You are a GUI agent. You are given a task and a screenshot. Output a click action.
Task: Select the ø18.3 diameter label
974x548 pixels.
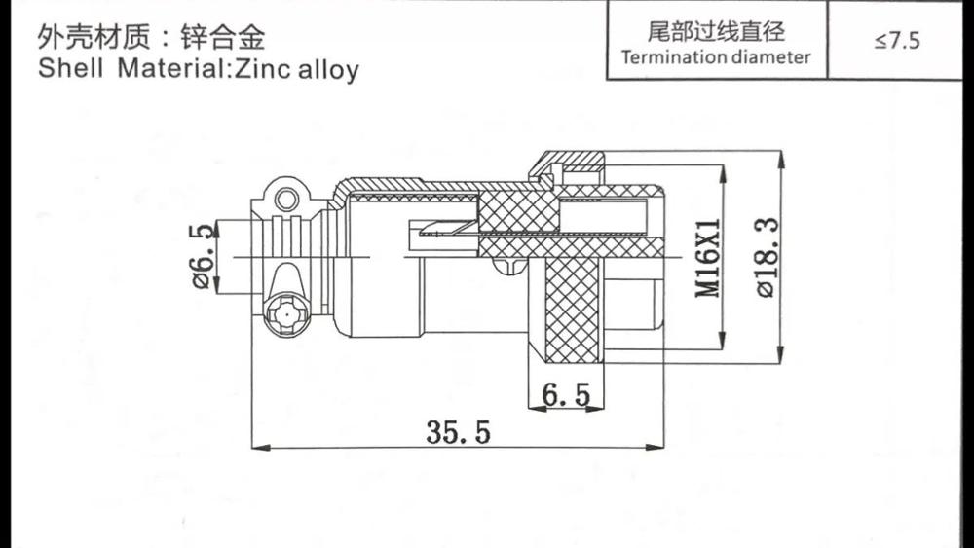[x=768, y=257]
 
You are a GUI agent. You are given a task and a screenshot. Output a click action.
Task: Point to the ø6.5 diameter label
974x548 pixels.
[x=203, y=256]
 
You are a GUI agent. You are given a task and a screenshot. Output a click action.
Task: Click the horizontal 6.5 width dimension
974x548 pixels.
[x=566, y=394]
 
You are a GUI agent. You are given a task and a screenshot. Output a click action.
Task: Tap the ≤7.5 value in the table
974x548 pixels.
[x=897, y=41]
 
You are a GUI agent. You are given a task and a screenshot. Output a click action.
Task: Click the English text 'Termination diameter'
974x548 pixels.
[x=716, y=56]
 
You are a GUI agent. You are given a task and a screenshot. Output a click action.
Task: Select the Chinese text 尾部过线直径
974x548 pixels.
[x=716, y=30]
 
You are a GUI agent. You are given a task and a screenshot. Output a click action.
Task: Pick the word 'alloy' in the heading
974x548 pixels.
[x=328, y=70]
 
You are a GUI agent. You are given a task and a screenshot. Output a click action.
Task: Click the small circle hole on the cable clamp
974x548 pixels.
[x=285, y=201]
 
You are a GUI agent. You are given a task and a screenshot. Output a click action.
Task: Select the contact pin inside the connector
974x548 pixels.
[x=443, y=231]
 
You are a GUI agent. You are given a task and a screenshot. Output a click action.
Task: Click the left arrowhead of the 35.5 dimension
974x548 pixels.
[x=257, y=448]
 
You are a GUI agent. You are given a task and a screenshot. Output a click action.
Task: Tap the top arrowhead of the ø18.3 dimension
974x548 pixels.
[x=782, y=156]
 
